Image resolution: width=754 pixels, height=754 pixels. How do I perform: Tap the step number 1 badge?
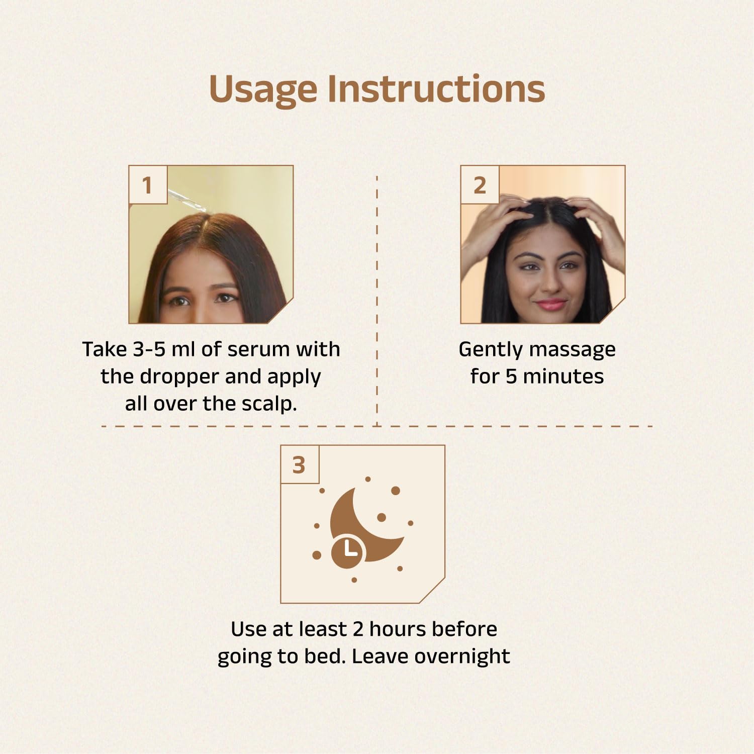coord(147,185)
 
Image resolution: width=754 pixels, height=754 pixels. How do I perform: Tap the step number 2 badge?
coord(480,185)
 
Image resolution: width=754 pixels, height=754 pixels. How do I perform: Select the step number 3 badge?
coord(299,465)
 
